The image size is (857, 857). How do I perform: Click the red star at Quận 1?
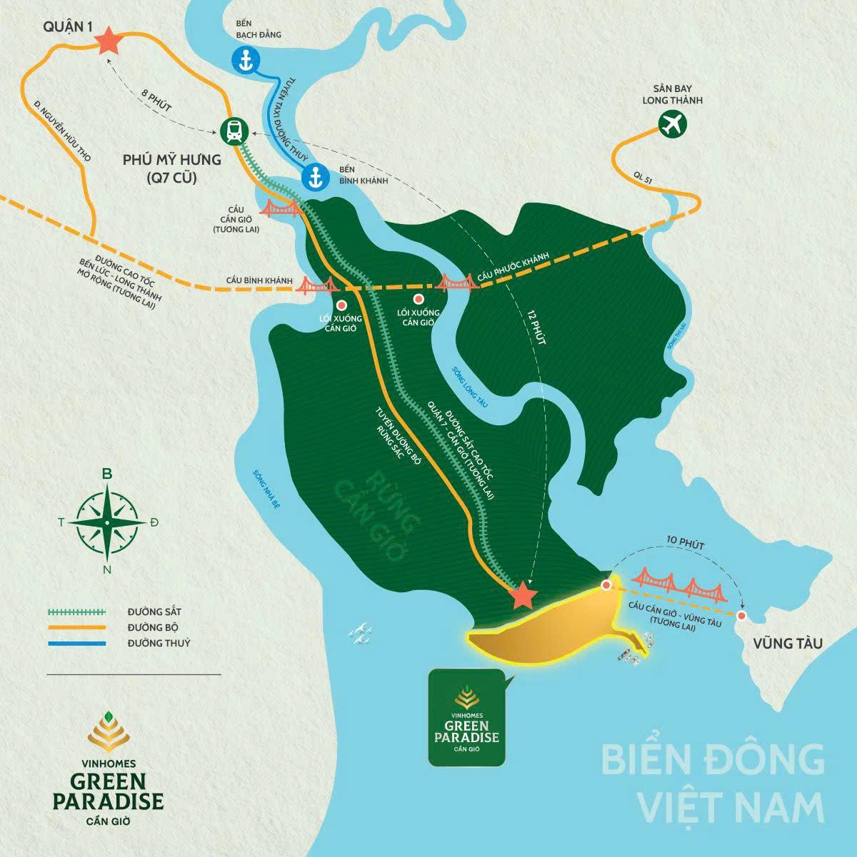(109, 41)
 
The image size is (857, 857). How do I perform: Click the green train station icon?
(233, 131)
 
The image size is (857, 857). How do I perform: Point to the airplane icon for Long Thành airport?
(671, 124)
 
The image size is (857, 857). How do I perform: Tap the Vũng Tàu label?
(787, 644)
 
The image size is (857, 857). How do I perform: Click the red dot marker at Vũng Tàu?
(742, 615)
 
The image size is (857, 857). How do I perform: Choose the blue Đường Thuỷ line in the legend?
(76, 644)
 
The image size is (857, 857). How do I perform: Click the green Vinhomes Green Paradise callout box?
(467, 718)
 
